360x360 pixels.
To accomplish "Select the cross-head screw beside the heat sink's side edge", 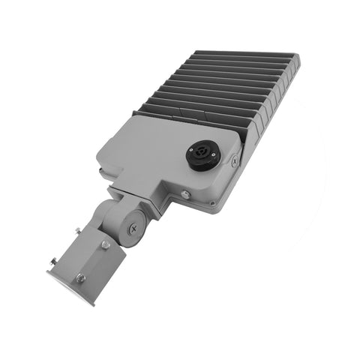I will click(x=235, y=159).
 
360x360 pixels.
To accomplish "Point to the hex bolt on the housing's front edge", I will click(x=185, y=195).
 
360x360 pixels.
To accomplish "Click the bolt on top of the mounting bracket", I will click(x=106, y=244).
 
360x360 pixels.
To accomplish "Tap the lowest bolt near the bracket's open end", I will click(x=80, y=278).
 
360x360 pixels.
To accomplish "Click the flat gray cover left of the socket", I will click(x=150, y=154).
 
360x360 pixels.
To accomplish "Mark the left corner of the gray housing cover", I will click(x=100, y=160).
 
